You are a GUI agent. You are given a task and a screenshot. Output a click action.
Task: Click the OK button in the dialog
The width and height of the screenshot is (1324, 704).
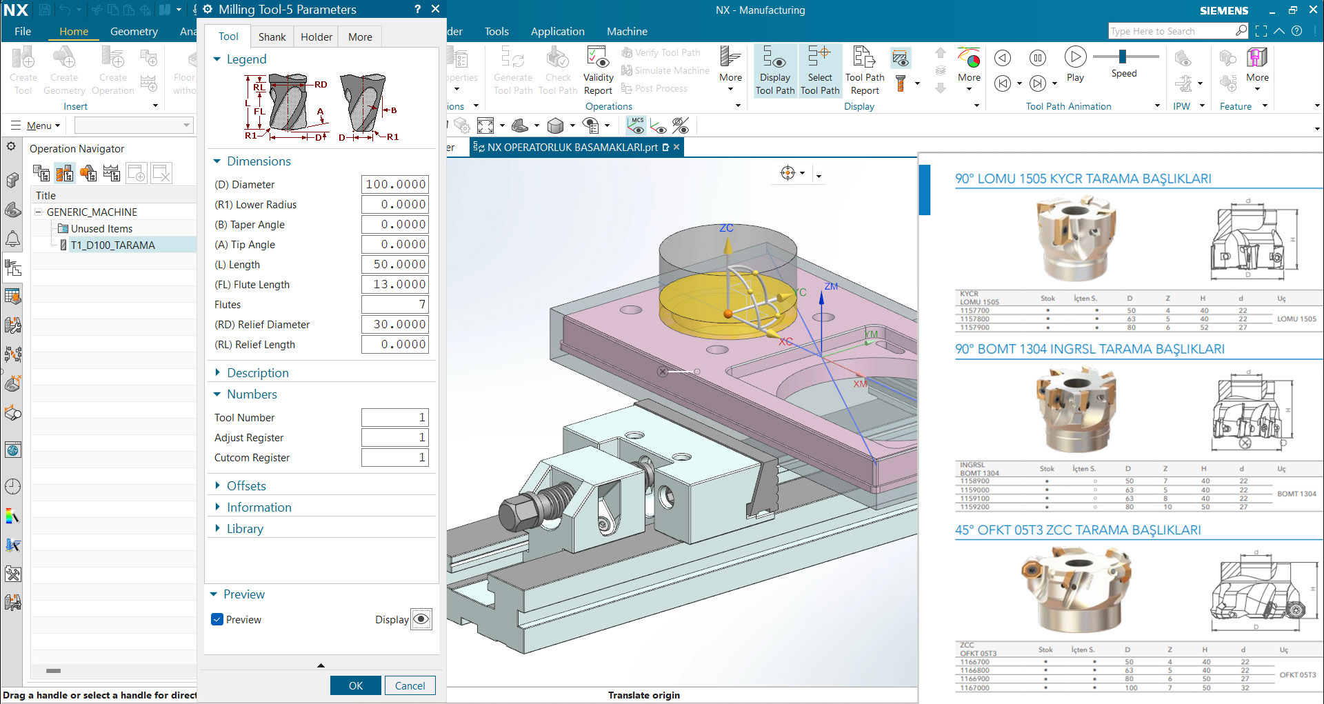pyautogui.click(x=355, y=685)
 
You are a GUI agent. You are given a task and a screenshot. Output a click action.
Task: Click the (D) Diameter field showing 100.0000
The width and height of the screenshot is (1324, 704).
pyautogui.click(x=394, y=184)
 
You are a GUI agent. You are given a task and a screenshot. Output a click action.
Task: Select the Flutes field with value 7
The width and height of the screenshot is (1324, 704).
pyautogui.click(x=394, y=304)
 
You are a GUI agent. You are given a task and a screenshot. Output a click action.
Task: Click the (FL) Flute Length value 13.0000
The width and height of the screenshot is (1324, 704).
pyautogui.click(x=394, y=284)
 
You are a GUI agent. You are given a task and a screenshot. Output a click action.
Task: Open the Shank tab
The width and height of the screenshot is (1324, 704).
pyautogui.click(x=272, y=37)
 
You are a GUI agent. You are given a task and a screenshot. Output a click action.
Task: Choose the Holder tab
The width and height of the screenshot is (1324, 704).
pyautogui.click(x=316, y=37)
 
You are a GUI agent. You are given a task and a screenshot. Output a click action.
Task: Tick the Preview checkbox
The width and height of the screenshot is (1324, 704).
pyautogui.click(x=217, y=619)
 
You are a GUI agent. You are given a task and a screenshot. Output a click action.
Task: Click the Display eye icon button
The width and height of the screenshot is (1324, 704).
pyautogui.click(x=421, y=619)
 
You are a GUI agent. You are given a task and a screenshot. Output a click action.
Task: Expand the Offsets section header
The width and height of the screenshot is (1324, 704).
pyautogui.click(x=246, y=485)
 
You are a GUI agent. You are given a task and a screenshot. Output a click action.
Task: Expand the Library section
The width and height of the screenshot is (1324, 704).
pyautogui.click(x=245, y=528)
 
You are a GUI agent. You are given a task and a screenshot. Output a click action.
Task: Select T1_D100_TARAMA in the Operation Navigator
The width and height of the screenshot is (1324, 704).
pyautogui.click(x=112, y=245)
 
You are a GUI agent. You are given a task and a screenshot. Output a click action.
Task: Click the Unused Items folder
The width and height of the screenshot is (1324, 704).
pyautogui.click(x=101, y=228)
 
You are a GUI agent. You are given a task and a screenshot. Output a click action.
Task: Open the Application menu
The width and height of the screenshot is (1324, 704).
pyautogui.click(x=557, y=31)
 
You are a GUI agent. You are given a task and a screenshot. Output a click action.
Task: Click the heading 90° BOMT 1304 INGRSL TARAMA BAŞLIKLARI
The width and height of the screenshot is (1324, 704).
pyautogui.click(x=1090, y=349)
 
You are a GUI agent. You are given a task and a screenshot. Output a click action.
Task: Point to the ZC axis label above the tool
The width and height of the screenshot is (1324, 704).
pyautogui.click(x=726, y=228)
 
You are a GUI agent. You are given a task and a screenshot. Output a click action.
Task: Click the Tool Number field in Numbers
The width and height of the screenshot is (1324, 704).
pyautogui.click(x=394, y=417)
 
